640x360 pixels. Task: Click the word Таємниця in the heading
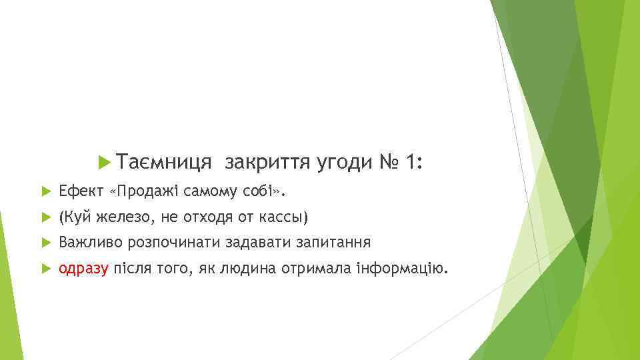coord(163,162)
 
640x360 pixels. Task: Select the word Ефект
coord(80,192)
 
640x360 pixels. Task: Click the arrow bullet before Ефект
coord(45,192)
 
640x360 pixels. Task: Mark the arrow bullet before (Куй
coord(45,217)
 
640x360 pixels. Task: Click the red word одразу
coord(83,269)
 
